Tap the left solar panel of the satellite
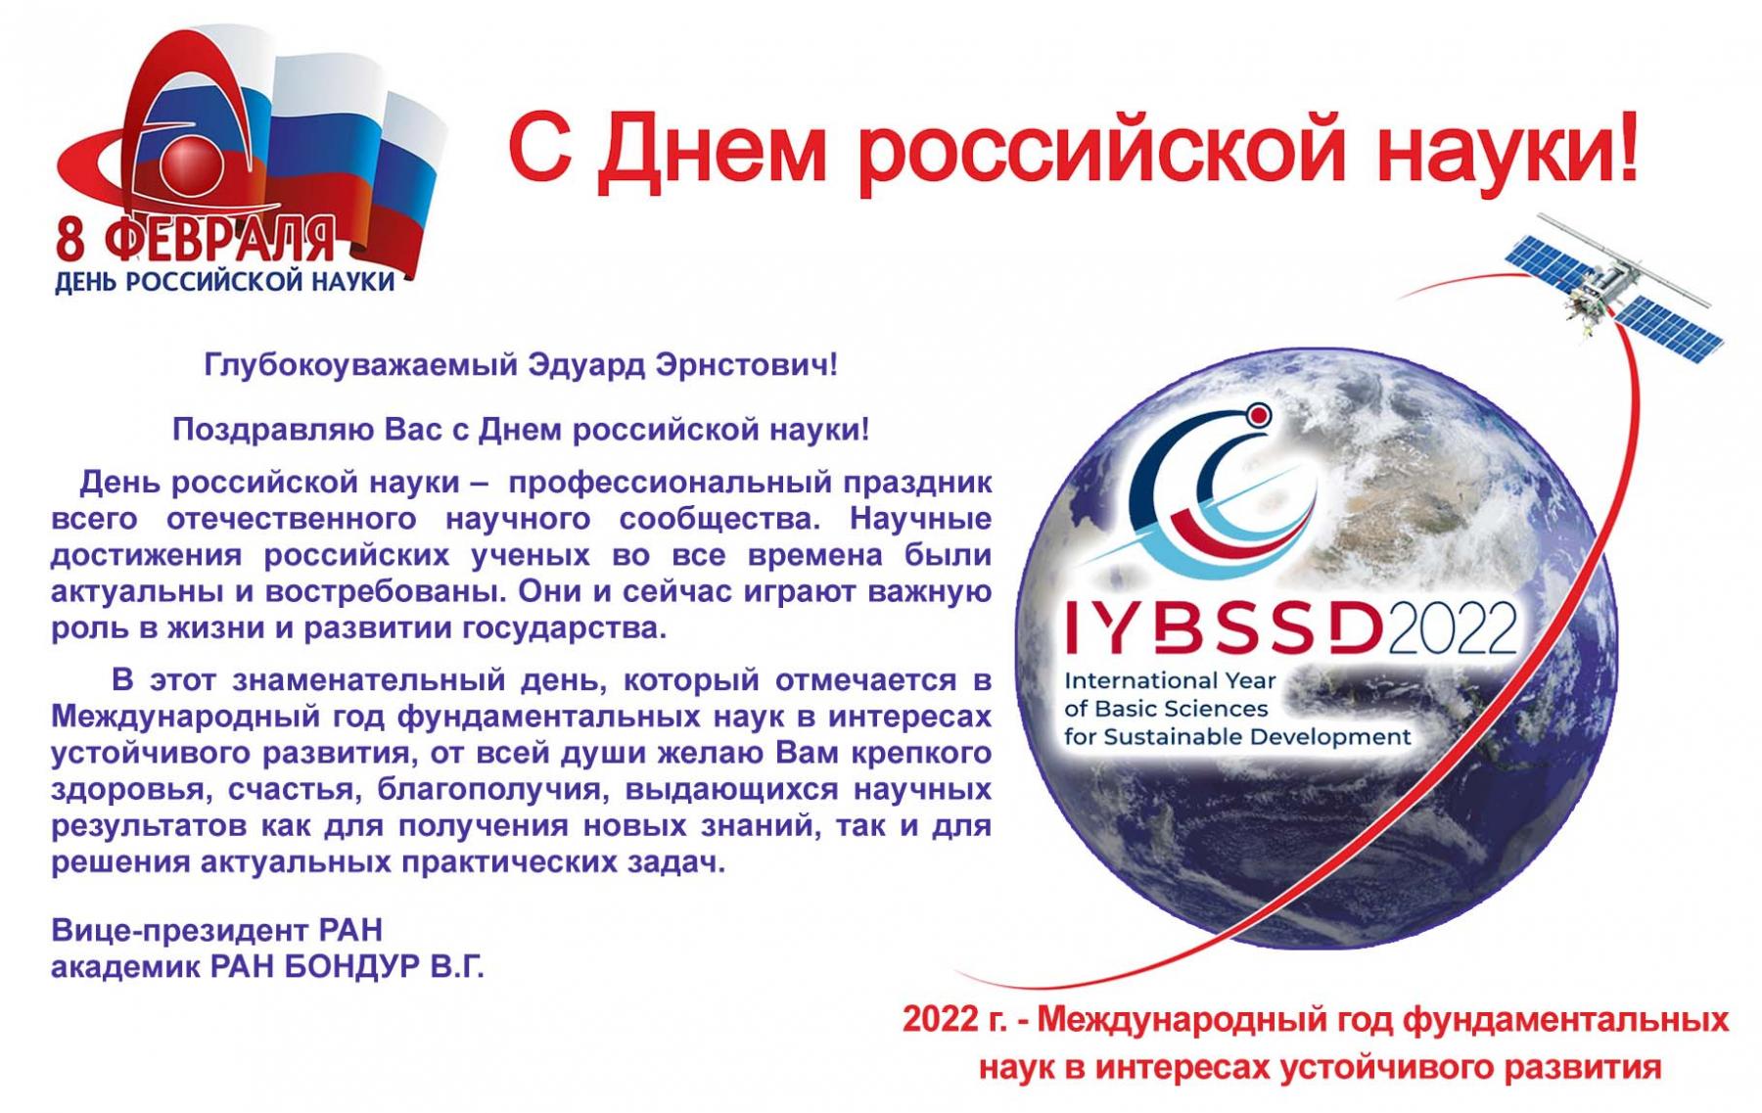pyautogui.click(x=1557, y=250)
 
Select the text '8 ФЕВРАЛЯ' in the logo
pyautogui.click(x=195, y=241)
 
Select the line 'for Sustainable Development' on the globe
pyautogui.click(x=1237, y=736)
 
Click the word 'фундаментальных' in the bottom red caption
pyautogui.click(x=1565, y=1021)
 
